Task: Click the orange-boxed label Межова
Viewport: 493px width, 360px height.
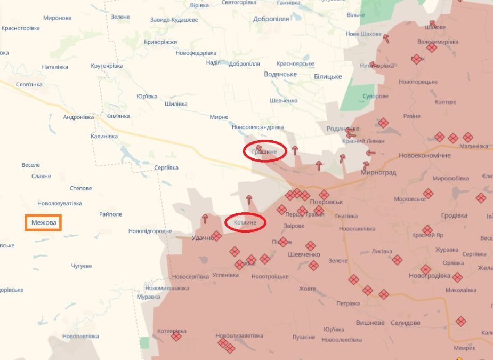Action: click(x=43, y=222)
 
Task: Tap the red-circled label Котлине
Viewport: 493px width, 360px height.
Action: click(x=245, y=222)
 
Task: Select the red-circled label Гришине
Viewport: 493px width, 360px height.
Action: click(x=265, y=152)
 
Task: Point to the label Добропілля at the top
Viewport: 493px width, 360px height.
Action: click(x=271, y=19)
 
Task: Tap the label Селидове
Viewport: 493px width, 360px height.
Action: click(x=405, y=323)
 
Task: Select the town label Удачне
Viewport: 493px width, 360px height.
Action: click(x=203, y=238)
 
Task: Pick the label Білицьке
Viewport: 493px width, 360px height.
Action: click(x=327, y=77)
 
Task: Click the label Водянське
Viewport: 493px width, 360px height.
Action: click(x=280, y=74)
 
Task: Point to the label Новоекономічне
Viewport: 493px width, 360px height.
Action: click(x=424, y=155)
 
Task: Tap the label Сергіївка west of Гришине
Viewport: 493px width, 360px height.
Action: click(x=166, y=167)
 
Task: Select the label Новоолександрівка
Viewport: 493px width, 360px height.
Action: click(x=257, y=127)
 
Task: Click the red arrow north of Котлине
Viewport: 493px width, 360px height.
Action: click(x=248, y=200)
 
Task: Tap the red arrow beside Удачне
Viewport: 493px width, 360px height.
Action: click(x=205, y=219)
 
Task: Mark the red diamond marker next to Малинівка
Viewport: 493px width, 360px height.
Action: click(x=467, y=137)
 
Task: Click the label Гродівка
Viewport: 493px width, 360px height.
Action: click(x=454, y=215)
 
